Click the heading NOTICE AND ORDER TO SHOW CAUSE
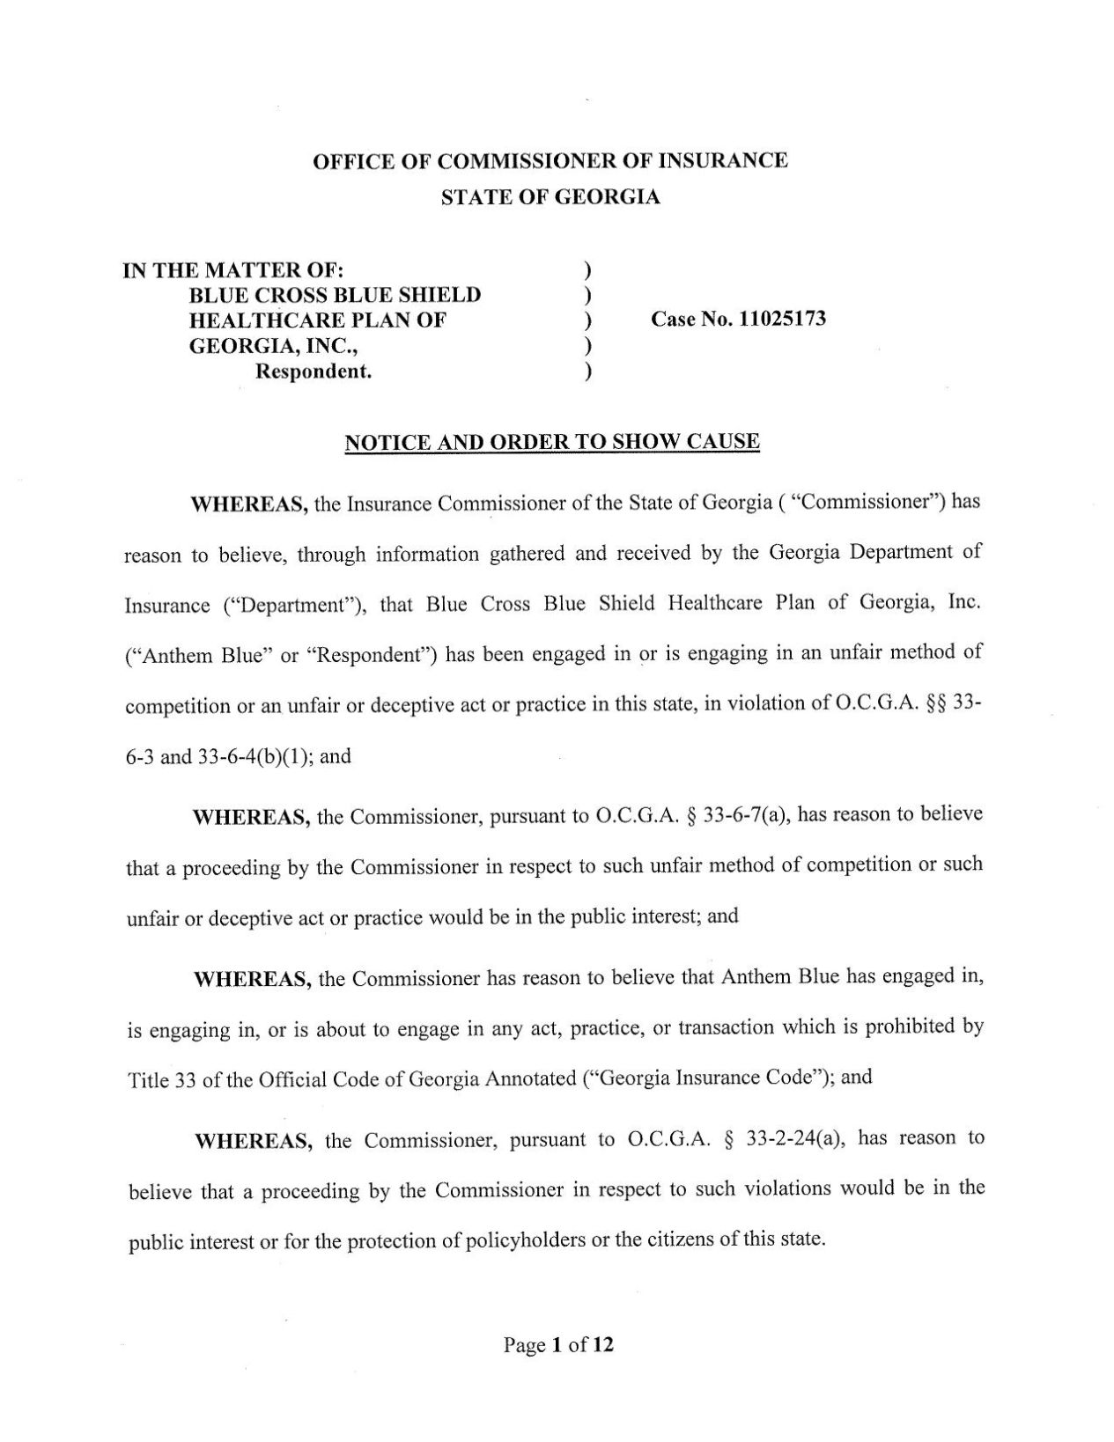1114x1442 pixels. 551,441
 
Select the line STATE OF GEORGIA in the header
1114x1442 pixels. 550,197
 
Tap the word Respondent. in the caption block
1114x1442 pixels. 314,372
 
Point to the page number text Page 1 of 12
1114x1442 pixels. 558,1344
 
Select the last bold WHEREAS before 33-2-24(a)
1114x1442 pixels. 254,1142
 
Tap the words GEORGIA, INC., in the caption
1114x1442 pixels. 274,345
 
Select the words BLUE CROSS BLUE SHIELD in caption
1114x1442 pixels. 336,295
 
